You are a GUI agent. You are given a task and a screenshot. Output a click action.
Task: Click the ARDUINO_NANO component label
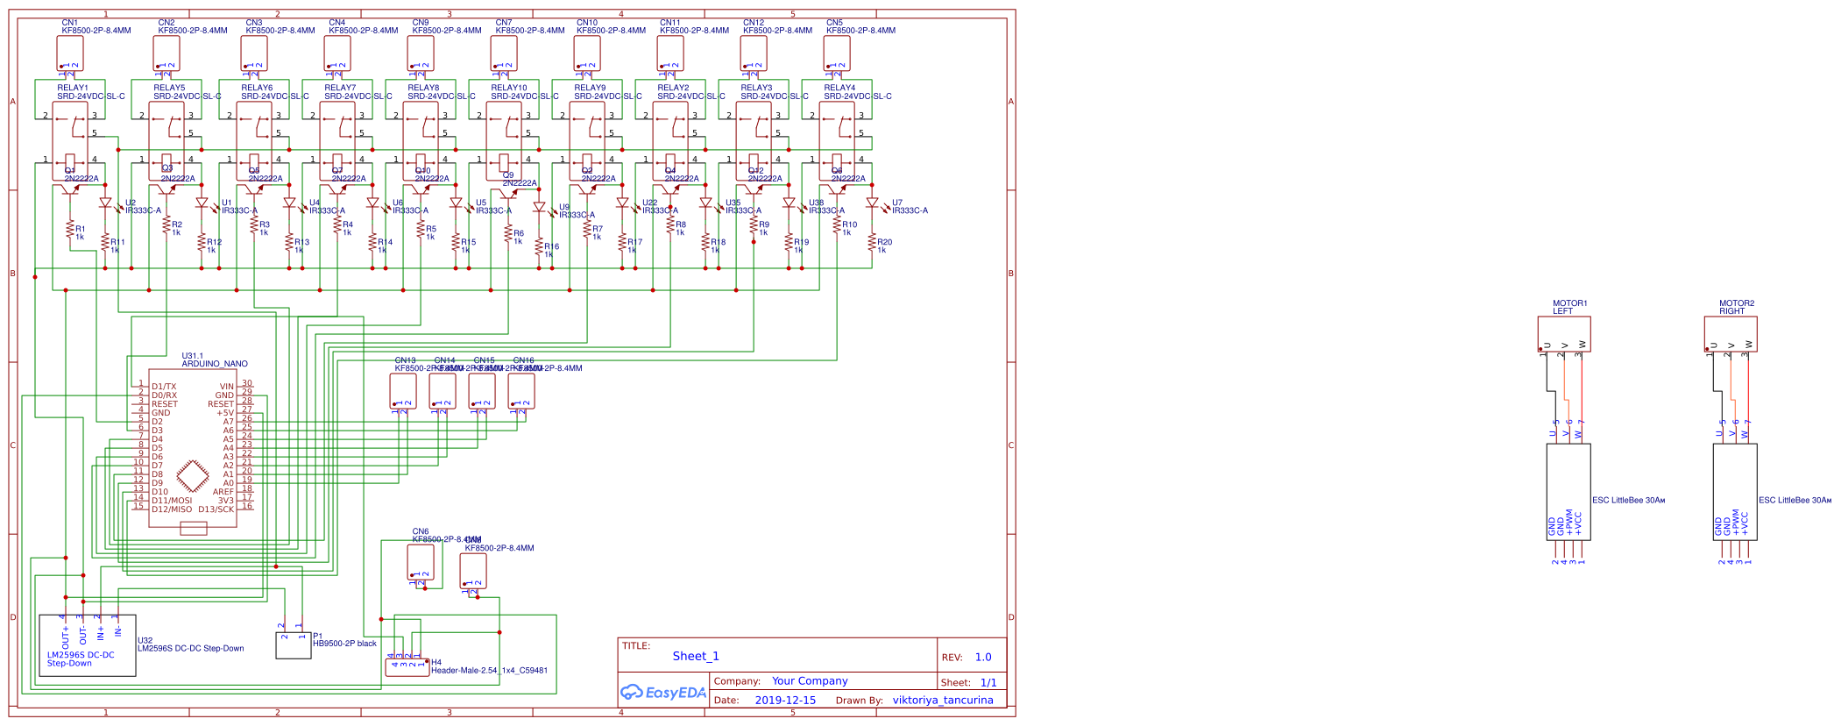click(x=214, y=363)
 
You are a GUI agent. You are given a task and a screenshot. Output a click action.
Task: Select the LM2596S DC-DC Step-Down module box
click(x=88, y=645)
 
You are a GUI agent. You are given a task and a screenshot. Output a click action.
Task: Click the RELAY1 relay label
click(x=73, y=88)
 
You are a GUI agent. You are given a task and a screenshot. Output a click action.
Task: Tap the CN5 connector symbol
click(x=837, y=53)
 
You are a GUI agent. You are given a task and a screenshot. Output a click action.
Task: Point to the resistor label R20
click(x=884, y=242)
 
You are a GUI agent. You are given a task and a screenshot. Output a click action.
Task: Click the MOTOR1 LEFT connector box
click(x=1564, y=334)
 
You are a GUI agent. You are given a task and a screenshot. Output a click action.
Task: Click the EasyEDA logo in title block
click(x=662, y=692)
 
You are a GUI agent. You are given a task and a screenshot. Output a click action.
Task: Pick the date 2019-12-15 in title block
click(x=784, y=700)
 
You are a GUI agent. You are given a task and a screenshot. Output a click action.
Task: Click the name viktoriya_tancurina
click(x=943, y=700)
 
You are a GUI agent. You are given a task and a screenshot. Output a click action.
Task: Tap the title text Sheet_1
click(x=696, y=656)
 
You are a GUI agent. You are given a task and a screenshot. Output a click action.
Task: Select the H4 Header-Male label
click(x=488, y=670)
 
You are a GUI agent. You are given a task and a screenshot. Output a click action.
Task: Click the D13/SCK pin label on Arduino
click(x=216, y=509)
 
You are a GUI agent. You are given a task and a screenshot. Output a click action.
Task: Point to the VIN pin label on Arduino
click(x=227, y=387)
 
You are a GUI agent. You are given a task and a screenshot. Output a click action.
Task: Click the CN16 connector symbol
click(x=521, y=391)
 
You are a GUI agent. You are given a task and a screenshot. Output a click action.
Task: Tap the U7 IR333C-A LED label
click(x=909, y=207)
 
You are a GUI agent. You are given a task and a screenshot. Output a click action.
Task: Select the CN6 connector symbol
click(x=421, y=562)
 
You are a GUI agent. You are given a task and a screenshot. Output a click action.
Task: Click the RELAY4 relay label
click(x=839, y=88)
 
